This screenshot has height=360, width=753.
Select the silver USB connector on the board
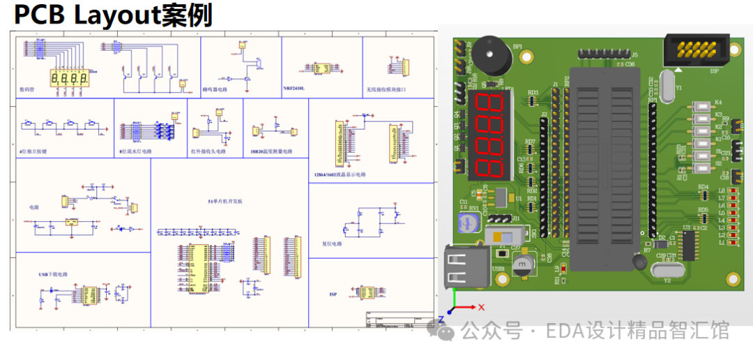tap(464, 268)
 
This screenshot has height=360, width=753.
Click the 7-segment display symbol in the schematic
tap(69, 78)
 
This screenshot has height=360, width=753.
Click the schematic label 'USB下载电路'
tap(54, 275)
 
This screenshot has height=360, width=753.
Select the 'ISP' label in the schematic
tap(333, 294)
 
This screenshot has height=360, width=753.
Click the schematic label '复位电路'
tap(333, 244)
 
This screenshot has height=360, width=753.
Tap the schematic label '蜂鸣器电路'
tap(215, 90)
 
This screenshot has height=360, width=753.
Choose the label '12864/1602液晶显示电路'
tap(340, 174)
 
